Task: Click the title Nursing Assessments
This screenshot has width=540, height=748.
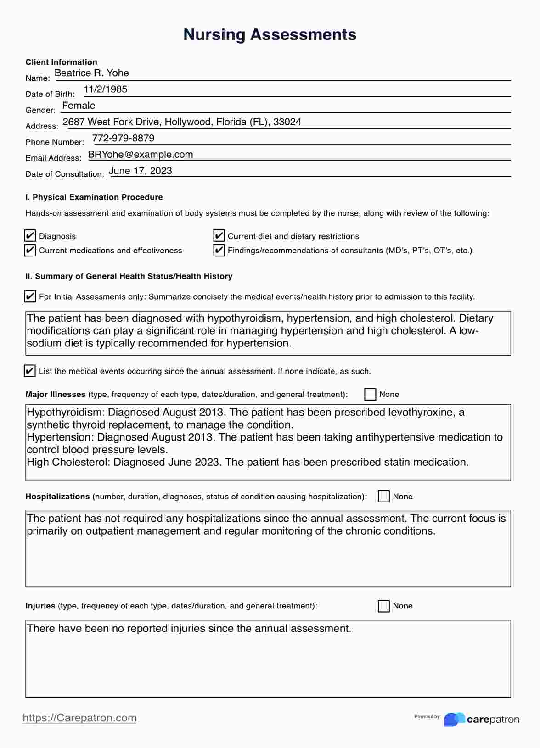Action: pyautogui.click(x=270, y=35)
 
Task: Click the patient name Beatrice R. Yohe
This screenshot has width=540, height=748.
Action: pyautogui.click(x=91, y=73)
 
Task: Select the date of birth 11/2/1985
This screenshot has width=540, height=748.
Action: pyautogui.click(x=106, y=89)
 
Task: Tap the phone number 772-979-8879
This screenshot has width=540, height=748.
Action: pyautogui.click(x=123, y=138)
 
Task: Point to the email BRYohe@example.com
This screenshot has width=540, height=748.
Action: pyautogui.click(x=140, y=155)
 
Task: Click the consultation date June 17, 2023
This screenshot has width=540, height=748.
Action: pyautogui.click(x=141, y=171)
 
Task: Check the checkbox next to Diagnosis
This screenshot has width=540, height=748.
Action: pyautogui.click(x=30, y=236)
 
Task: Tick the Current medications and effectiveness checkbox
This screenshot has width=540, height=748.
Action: pyautogui.click(x=30, y=250)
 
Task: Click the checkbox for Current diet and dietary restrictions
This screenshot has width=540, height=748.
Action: pyautogui.click(x=219, y=236)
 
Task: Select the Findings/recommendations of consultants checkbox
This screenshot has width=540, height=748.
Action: pyautogui.click(x=219, y=250)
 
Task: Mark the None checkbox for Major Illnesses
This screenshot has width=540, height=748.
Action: pyautogui.click(x=370, y=394)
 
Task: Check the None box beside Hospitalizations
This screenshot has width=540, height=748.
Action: pyautogui.click(x=384, y=496)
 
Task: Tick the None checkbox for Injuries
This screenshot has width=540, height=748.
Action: pyautogui.click(x=384, y=606)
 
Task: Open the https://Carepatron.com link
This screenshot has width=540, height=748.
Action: pyautogui.click(x=79, y=718)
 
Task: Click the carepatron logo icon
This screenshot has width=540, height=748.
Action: pyautogui.click(x=454, y=719)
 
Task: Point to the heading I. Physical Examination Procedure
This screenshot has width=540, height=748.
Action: pyautogui.click(x=94, y=197)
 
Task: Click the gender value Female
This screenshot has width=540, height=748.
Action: pyautogui.click(x=79, y=106)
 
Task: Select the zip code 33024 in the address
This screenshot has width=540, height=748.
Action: pyautogui.click(x=287, y=122)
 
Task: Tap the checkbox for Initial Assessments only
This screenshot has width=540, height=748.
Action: pyautogui.click(x=30, y=296)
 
